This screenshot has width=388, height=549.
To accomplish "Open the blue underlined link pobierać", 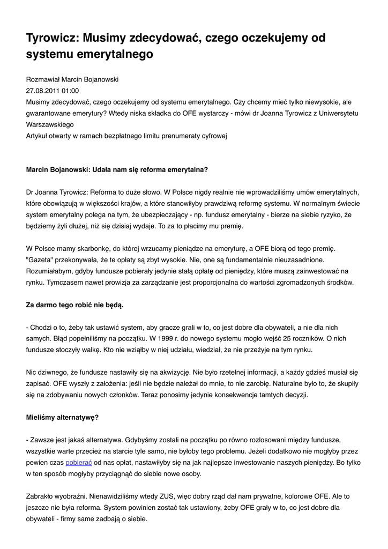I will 79,462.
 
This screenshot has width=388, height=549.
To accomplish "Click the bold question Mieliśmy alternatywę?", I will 62,417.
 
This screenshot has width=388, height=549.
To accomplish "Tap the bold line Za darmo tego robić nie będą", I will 74,305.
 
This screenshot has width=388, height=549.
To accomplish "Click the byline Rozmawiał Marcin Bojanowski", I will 72,79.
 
